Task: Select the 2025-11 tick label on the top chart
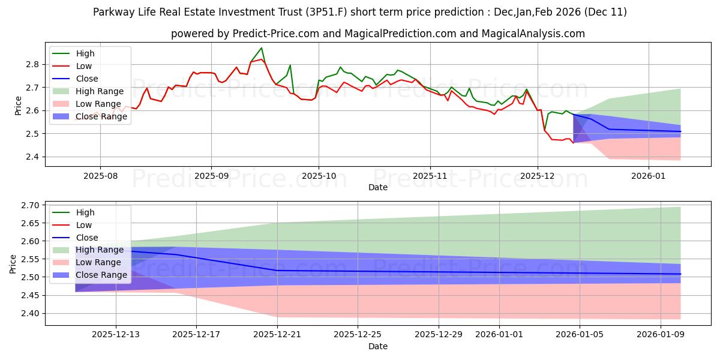(430, 177)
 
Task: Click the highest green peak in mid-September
(261, 48)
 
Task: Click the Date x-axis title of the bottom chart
(377, 346)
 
